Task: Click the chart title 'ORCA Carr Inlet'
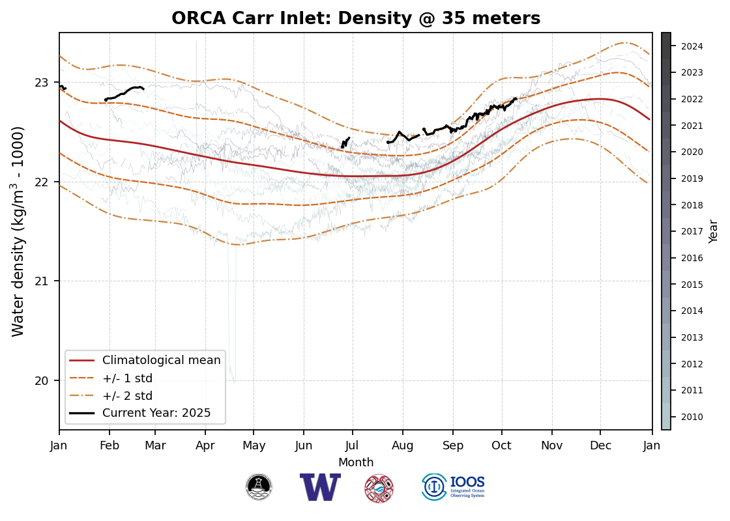pos(356,18)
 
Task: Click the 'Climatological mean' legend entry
pos(161,360)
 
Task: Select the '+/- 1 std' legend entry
pos(127,378)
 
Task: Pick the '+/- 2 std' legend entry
pos(127,395)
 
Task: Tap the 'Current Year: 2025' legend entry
pos(156,413)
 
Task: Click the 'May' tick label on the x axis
pos(254,445)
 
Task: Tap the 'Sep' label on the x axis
pos(453,445)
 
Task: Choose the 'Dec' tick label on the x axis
pos(600,445)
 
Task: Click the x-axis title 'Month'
pos(356,462)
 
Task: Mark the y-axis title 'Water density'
pos(18,231)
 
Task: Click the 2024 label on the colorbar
pos(692,46)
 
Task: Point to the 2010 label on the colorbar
pos(692,417)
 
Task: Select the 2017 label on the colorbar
pos(692,231)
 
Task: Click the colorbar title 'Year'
pos(714,231)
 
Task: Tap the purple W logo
pos(320,487)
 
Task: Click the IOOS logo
pos(454,487)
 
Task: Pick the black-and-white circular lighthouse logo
pos(259,487)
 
